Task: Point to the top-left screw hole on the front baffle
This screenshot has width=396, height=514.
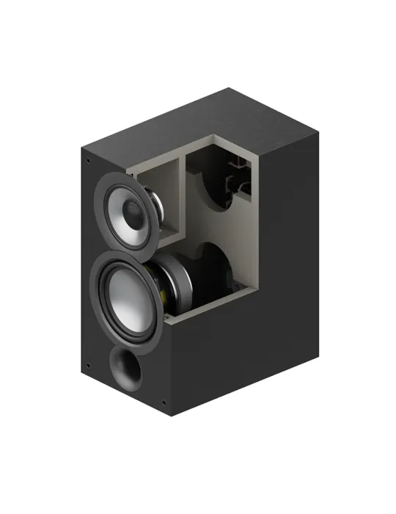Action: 89,161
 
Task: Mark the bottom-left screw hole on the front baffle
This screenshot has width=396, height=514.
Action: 88,365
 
